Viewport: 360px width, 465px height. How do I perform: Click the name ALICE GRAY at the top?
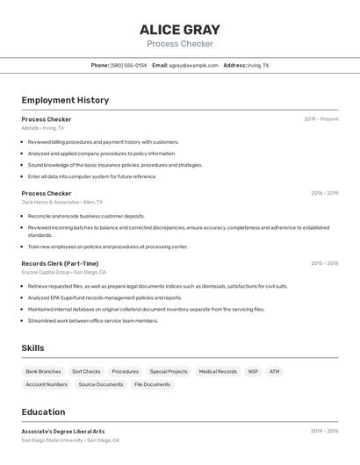[180, 30]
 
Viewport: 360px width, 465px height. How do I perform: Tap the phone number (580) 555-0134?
[128, 65]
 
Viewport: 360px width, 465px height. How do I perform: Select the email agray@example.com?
[193, 65]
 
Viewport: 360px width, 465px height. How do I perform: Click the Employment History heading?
[65, 100]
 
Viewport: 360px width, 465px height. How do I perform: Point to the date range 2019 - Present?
[321, 119]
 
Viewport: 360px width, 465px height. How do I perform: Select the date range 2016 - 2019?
[324, 193]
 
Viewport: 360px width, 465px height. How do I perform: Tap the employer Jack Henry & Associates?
[50, 202]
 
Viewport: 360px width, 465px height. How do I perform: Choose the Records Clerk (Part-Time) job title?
[60, 263]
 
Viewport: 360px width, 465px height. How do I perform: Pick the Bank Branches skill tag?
[43, 371]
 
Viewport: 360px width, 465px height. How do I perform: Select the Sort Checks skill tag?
[86, 371]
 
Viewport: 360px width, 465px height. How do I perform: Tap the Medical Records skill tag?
[218, 371]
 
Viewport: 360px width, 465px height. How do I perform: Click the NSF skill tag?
[253, 371]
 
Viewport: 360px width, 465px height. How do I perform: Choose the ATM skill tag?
[275, 371]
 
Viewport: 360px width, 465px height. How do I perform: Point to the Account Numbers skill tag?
[47, 384]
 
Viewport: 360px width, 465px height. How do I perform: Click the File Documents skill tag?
[153, 384]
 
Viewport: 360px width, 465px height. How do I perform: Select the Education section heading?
[43, 411]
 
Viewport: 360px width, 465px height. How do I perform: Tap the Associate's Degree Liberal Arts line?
[63, 431]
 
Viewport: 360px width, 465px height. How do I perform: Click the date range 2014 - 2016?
[324, 431]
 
